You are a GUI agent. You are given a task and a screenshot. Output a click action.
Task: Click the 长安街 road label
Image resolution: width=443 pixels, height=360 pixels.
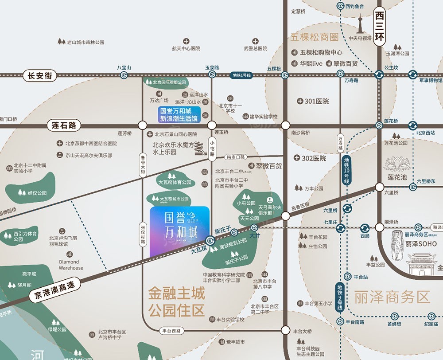coord(40,76)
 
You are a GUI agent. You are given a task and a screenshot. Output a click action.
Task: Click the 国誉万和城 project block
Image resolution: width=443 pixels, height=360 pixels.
coord(179,231)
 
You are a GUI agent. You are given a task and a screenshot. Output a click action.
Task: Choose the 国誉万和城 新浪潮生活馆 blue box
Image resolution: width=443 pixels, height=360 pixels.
coord(180,114)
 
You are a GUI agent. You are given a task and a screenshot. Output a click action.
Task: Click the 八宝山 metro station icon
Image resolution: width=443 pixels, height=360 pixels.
coord(124,75)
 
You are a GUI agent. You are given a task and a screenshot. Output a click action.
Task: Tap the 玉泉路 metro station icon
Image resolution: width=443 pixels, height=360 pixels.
coord(212,75)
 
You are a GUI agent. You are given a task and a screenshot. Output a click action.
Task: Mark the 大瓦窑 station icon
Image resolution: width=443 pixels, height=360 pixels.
coord(210,241)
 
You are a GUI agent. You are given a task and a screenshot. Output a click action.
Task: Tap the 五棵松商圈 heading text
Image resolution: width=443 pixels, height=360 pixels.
coord(315,37)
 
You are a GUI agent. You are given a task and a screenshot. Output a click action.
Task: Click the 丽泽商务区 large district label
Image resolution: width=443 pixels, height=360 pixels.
coord(392,297)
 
